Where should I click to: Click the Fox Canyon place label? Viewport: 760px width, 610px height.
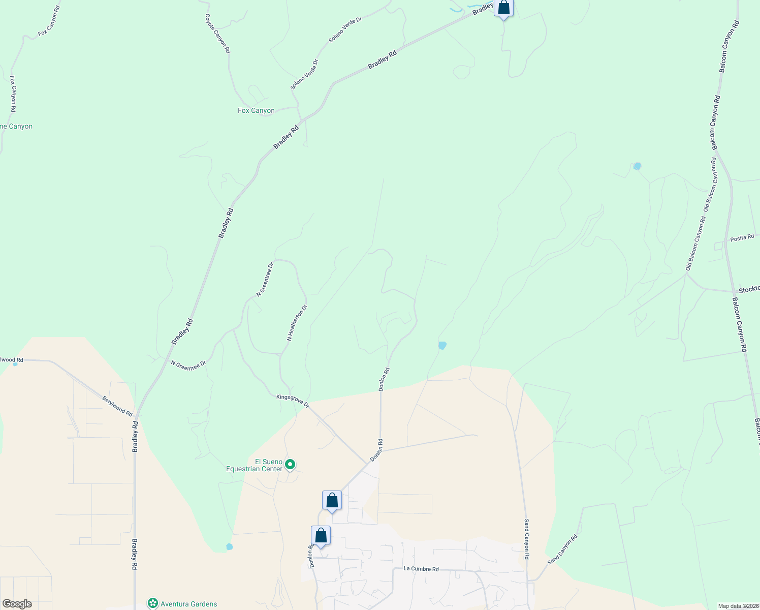tap(256, 110)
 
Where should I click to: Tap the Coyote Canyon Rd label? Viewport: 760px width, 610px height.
tap(217, 34)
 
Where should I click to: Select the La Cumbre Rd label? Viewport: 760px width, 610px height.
tap(421, 569)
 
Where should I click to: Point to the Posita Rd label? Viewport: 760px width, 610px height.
tap(742, 238)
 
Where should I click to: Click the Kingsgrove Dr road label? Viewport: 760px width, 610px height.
tap(293, 400)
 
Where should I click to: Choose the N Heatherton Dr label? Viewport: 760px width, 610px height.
tap(297, 323)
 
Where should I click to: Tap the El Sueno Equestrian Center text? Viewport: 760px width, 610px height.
tap(254, 465)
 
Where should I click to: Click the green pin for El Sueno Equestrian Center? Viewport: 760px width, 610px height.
tap(290, 464)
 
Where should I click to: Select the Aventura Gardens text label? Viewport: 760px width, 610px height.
tap(188, 604)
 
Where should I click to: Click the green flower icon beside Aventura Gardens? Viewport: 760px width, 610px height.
tap(152, 603)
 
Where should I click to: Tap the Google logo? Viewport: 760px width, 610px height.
tap(17, 604)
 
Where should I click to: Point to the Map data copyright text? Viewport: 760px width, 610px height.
tap(738, 606)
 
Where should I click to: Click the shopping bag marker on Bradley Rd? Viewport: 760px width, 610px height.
tap(503, 9)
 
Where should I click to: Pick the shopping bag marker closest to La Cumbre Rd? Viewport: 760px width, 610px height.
tap(321, 536)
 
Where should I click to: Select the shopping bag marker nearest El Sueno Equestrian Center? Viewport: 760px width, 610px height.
tap(332, 501)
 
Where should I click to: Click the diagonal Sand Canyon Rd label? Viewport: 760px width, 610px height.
tap(562, 549)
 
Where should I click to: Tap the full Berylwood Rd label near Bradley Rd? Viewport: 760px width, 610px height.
tap(117, 406)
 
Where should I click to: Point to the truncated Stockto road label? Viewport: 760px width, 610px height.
tap(749, 289)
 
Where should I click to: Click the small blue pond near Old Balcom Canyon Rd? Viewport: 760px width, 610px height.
tap(637, 166)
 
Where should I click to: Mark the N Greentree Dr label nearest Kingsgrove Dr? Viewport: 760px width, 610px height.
tap(188, 365)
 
